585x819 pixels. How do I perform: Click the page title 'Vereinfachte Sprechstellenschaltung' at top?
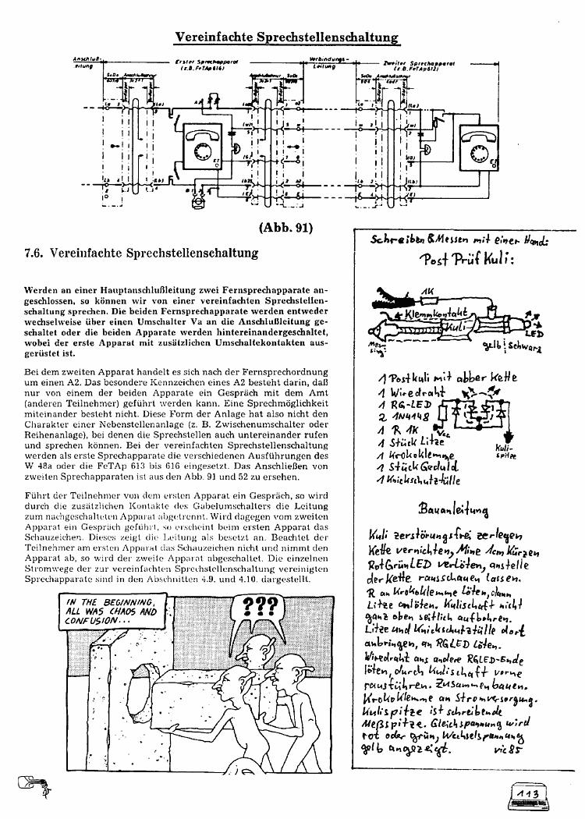[x=287, y=37]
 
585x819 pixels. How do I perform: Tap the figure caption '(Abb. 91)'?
[x=288, y=229]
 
